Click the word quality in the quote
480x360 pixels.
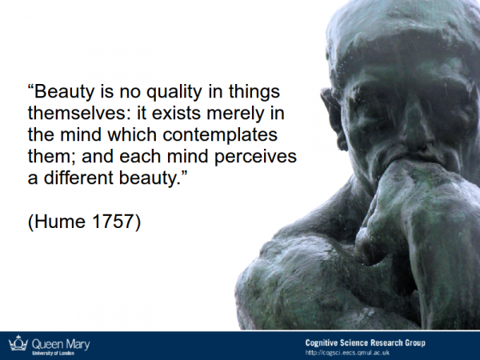point(174,92)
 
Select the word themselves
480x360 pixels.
point(77,113)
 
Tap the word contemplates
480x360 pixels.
point(220,135)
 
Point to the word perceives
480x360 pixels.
point(255,157)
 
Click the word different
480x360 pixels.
point(78,178)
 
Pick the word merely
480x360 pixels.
point(235,114)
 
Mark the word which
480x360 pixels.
point(132,134)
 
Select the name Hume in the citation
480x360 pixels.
point(60,222)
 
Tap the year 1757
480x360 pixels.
point(113,222)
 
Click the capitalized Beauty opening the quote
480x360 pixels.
point(64,92)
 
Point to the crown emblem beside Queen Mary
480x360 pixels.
point(18,343)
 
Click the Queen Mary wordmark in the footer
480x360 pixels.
point(61,344)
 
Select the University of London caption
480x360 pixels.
point(54,353)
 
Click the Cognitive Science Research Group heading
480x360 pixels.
point(366,342)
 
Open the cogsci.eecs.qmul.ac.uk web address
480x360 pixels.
point(347,353)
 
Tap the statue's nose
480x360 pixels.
point(416,129)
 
